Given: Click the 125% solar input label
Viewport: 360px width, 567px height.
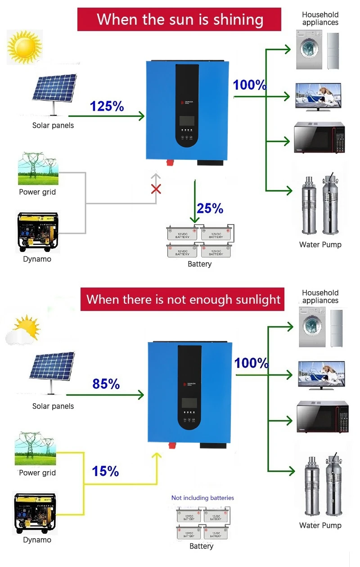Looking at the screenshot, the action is pos(107,106).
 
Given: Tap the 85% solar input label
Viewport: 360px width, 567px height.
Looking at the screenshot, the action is pos(106,384).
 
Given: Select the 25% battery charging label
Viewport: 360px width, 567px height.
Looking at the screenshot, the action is pos(210,208).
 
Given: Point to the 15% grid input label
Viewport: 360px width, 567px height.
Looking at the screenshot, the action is pos(105,471).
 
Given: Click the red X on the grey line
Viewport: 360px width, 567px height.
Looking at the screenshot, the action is pos(156,189).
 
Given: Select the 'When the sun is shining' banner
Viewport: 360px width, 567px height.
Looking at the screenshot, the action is pos(180,19).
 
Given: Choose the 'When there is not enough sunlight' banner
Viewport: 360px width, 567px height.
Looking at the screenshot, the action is pos(183,299).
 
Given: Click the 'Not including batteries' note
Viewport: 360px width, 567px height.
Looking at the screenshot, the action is pos(202,498).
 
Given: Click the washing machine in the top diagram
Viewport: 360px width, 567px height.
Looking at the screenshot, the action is pos(309,49).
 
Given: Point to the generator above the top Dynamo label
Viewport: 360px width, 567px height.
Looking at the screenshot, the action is pos(38,232).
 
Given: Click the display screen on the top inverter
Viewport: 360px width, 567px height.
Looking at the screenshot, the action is pos(187,121).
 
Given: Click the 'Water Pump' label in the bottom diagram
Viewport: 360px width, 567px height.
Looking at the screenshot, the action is pos(320,525).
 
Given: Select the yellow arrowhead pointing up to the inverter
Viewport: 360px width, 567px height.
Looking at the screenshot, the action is pos(156,457).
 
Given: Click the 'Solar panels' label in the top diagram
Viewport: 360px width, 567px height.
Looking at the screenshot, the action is pos(53,126).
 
